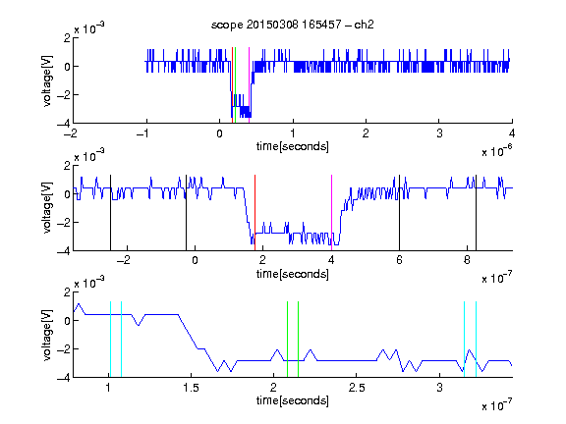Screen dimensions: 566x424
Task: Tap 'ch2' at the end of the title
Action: point(364,25)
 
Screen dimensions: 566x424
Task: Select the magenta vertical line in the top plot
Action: point(249,85)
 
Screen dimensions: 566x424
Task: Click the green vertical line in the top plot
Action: point(236,85)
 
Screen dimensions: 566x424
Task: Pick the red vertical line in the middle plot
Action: point(255,213)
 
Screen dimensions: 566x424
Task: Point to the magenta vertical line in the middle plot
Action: point(331,213)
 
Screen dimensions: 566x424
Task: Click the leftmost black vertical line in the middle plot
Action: point(110,213)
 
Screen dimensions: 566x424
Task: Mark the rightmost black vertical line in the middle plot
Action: point(476,213)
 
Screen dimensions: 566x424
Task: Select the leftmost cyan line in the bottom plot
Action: point(110,340)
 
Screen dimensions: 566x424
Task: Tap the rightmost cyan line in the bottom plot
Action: point(476,340)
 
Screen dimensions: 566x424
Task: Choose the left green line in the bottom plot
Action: point(287,340)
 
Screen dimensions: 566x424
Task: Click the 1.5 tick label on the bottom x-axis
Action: point(191,388)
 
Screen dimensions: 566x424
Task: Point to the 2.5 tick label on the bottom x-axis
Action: point(357,388)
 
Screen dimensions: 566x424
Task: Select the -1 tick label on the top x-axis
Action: point(142,133)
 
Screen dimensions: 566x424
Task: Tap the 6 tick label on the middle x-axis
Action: point(399,260)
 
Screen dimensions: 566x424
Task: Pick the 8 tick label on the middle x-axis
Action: point(467,260)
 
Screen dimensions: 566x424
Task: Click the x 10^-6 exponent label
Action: point(497,151)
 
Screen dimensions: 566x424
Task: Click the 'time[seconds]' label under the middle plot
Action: point(293,274)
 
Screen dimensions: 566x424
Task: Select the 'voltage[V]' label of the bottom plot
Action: point(47,335)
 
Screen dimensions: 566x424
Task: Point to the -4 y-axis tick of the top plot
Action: point(63,124)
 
